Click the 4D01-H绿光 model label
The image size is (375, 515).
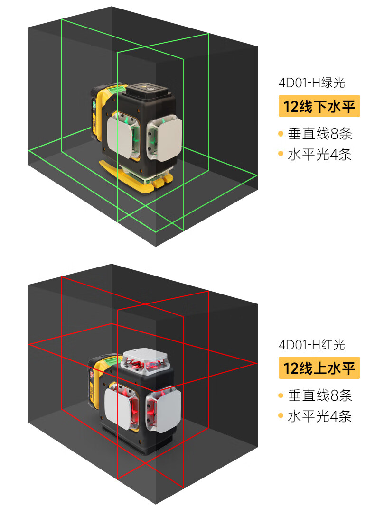point(311,83)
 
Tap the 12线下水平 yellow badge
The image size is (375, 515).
point(319,106)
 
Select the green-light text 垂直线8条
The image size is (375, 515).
point(320,134)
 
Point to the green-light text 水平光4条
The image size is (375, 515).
point(319,155)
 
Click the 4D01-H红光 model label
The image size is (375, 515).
point(311,345)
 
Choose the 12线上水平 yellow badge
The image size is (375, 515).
point(319,368)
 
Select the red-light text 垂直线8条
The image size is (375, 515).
point(320,395)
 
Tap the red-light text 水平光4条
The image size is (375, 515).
point(319,416)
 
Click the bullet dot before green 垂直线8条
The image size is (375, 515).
point(281,134)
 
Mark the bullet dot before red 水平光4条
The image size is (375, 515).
point(281,416)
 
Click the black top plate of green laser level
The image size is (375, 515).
point(149,89)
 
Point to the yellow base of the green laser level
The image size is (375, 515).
point(135,177)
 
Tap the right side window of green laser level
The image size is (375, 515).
point(164,138)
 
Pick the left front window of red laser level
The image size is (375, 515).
point(122,405)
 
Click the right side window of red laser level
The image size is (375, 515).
point(163,409)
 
